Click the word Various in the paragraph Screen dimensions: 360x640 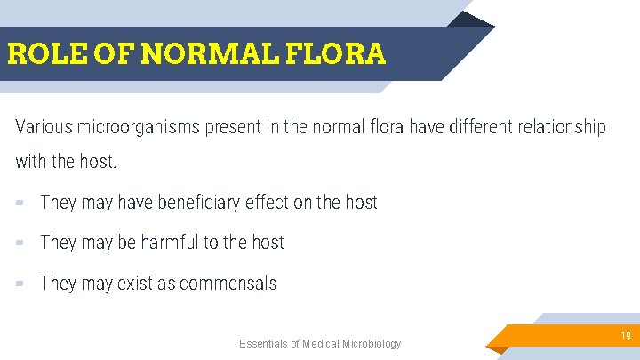(x=44, y=127)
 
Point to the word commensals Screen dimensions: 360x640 (x=228, y=284)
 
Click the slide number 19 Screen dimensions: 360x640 (x=626, y=336)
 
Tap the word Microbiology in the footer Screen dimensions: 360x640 (x=371, y=344)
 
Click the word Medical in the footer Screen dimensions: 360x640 (x=320, y=344)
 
